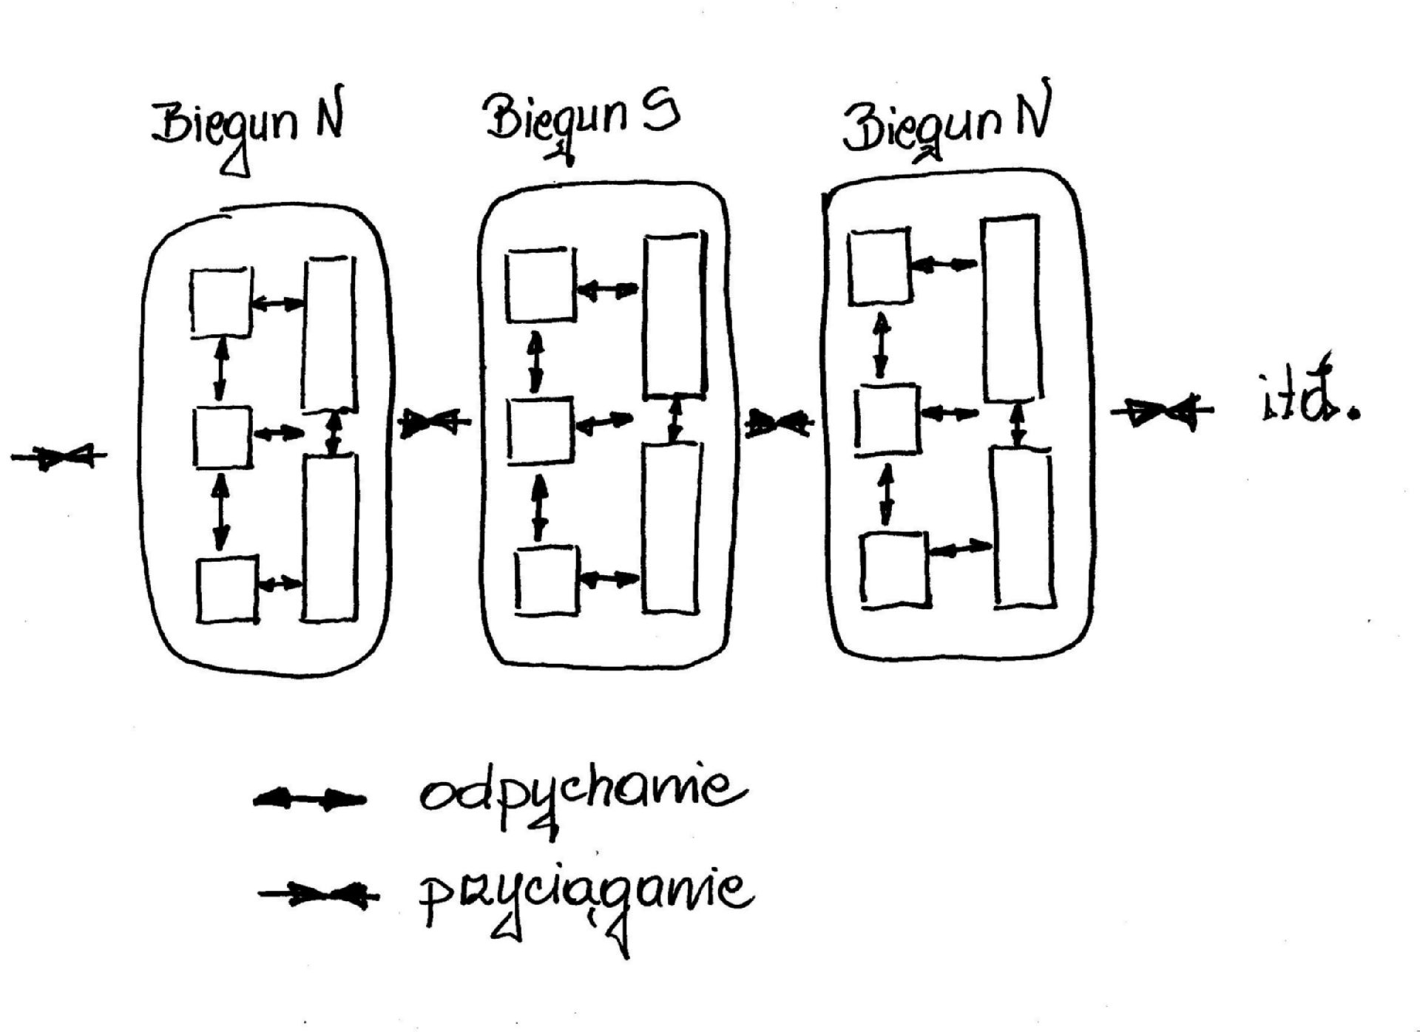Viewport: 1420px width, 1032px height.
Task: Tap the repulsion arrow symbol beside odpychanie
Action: pyautogui.click(x=309, y=800)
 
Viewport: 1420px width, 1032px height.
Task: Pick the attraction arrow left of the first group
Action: pyautogui.click(x=59, y=457)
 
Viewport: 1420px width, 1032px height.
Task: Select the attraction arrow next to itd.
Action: pyautogui.click(x=1161, y=412)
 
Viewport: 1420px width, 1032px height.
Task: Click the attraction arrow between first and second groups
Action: pyautogui.click(x=435, y=423)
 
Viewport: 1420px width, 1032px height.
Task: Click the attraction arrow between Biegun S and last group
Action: pyautogui.click(x=779, y=424)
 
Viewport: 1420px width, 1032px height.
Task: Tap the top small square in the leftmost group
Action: pyautogui.click(x=221, y=302)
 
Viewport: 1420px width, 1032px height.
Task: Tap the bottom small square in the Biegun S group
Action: pyautogui.click(x=547, y=580)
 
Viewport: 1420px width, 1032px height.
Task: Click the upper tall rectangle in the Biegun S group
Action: pyautogui.click(x=674, y=316)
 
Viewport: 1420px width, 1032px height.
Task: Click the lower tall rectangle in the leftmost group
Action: pyautogui.click(x=330, y=537)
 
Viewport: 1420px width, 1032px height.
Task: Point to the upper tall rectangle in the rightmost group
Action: pyautogui.click(x=1011, y=308)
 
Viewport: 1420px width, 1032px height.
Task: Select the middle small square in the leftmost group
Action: pyautogui.click(x=223, y=436)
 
